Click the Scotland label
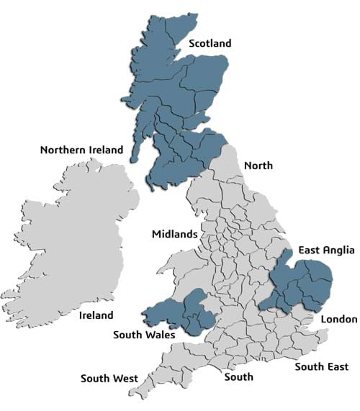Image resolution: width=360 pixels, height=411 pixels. pyautogui.click(x=210, y=44)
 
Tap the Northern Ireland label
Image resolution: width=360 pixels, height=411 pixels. pyautogui.click(x=81, y=150)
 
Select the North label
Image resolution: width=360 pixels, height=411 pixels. pyautogui.click(x=258, y=166)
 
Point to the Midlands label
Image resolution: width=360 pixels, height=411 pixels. pyautogui.click(x=174, y=235)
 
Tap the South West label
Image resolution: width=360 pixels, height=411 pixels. pyautogui.click(x=109, y=378)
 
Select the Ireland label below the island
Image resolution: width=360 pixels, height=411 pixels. pyautogui.click(x=96, y=315)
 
